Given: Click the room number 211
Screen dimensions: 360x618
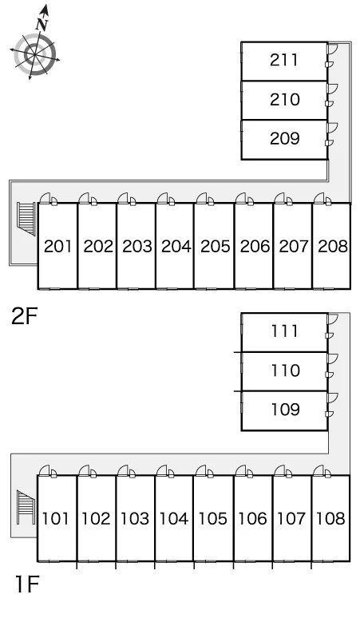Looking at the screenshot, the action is coord(283,60).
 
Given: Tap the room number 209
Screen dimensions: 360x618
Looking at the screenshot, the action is coord(284,138).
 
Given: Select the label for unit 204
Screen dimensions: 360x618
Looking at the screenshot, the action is coord(176,247).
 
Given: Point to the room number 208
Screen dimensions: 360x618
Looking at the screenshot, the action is coord(333,247).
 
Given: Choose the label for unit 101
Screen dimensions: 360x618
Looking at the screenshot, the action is coord(56,519).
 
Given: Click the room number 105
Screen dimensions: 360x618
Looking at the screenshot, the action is coord(212,519).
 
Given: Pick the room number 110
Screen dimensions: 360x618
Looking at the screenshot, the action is coord(285,370).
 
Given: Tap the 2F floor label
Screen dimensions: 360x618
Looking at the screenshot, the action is coord(25,316).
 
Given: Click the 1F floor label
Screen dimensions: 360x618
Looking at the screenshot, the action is coord(27,584).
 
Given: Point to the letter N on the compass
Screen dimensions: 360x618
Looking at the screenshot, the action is coord(42,25).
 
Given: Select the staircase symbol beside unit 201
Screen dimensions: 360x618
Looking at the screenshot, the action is coord(26,219).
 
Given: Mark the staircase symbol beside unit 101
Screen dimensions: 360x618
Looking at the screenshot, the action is coord(26,507).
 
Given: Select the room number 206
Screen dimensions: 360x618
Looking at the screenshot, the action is coord(255,247).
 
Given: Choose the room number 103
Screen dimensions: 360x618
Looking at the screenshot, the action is coord(135,519).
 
